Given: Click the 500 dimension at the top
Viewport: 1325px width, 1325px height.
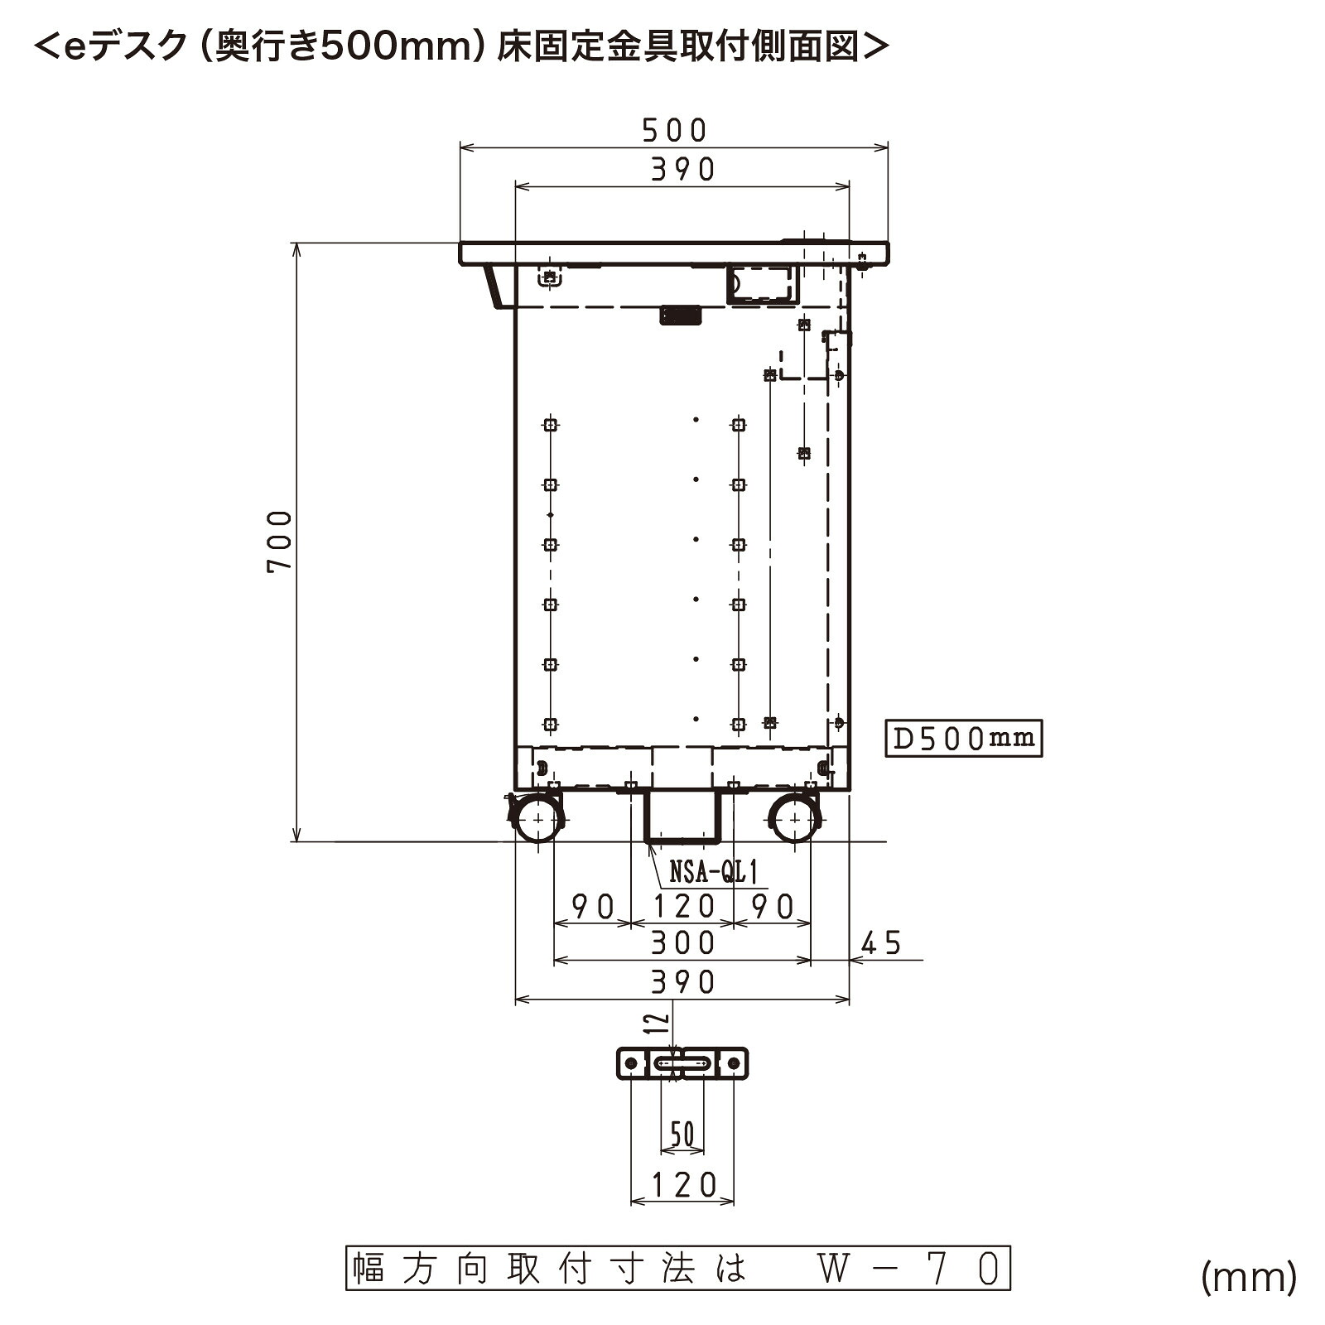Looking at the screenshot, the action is click(x=675, y=130).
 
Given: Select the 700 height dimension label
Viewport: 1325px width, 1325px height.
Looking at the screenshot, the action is click(x=279, y=542).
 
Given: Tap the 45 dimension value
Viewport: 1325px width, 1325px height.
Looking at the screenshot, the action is click(x=881, y=943).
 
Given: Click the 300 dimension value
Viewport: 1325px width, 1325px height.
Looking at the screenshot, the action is click(x=682, y=943).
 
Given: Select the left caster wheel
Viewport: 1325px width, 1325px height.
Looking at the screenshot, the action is click(x=539, y=818).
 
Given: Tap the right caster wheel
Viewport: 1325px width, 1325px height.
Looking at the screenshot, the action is click(x=796, y=818).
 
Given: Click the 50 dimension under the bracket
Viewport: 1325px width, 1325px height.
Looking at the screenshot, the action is click(x=682, y=1135).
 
